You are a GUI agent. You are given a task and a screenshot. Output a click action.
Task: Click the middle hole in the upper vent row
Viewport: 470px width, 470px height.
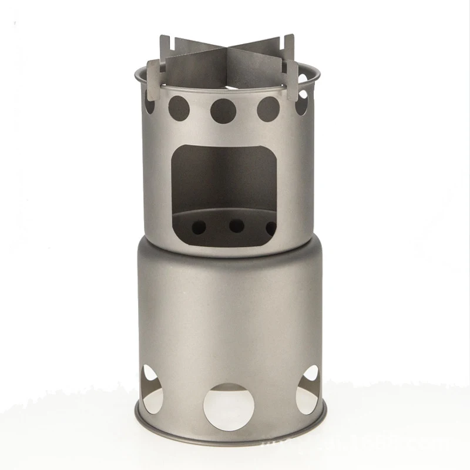(x=223, y=110)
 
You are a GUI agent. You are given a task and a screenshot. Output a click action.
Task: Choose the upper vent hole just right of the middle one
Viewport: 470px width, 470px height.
(x=268, y=108)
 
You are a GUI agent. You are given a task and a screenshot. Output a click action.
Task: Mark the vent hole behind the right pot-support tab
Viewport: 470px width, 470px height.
(x=301, y=104)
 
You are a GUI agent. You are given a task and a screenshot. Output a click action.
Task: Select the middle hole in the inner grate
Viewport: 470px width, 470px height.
(x=236, y=226)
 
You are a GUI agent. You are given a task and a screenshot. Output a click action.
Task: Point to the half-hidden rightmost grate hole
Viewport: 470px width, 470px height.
(x=271, y=227)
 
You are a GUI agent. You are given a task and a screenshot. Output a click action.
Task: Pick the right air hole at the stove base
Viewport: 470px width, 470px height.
(x=308, y=390)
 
